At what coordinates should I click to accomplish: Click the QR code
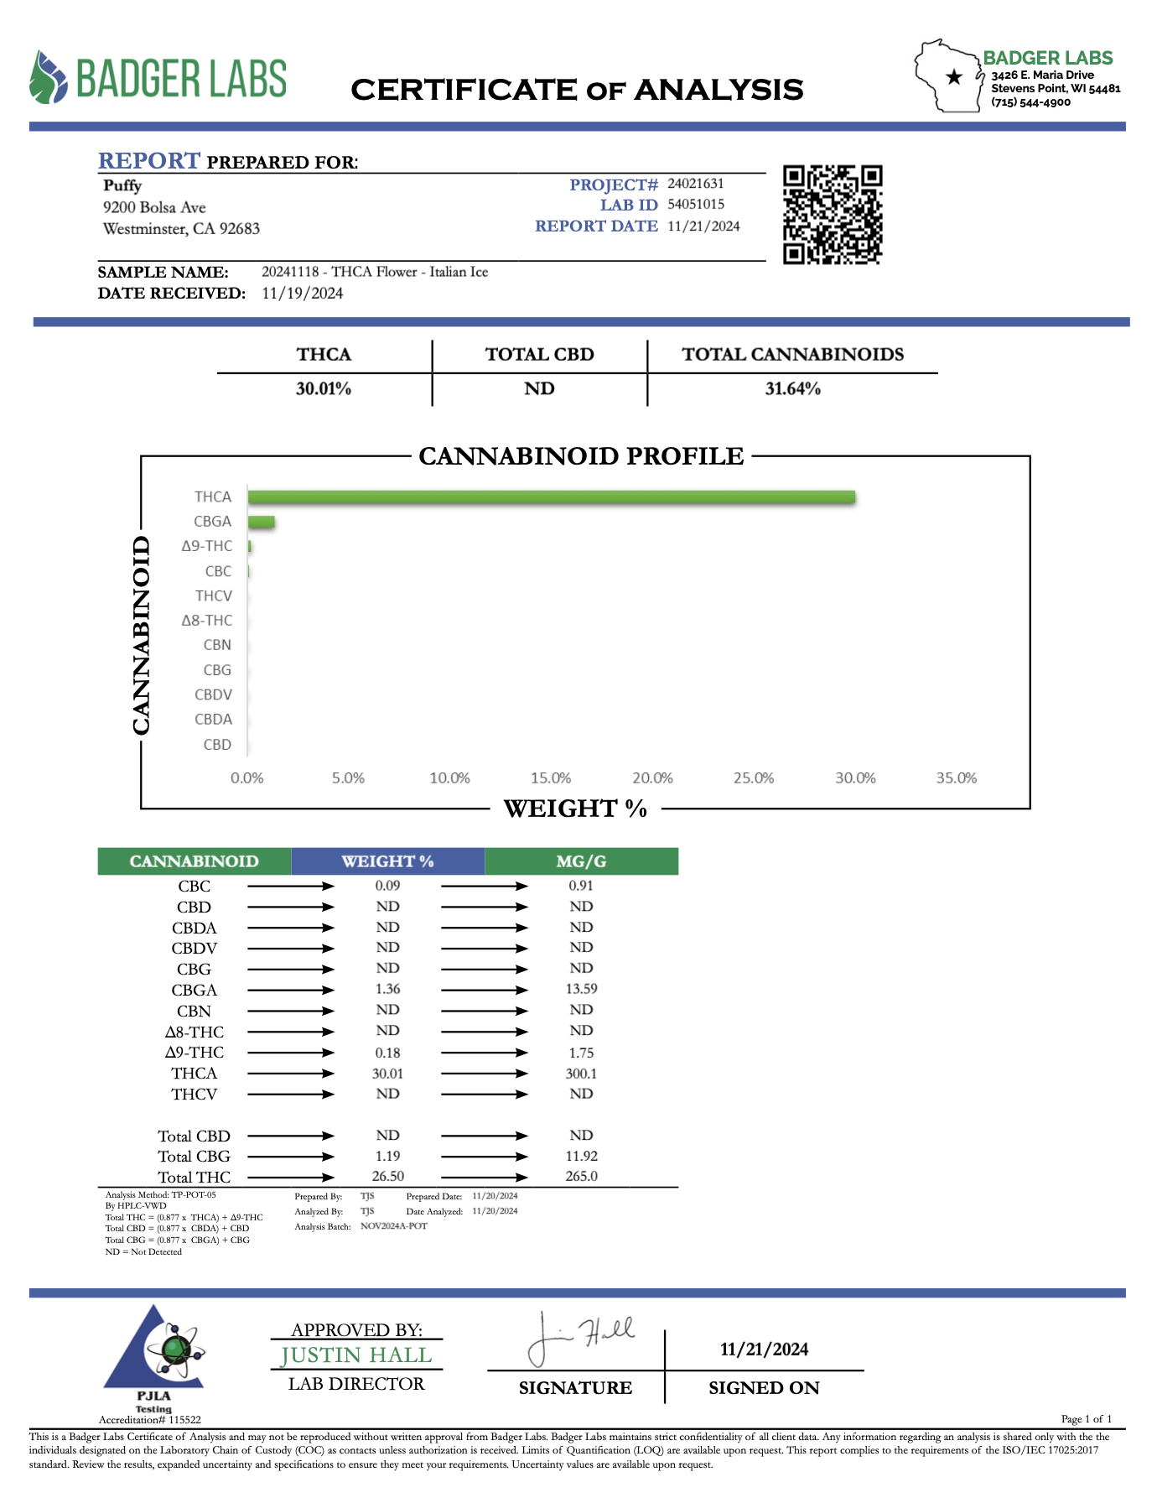pyautogui.click(x=833, y=215)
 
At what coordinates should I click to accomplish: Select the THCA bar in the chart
pyautogui.click(x=552, y=497)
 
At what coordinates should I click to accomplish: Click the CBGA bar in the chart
pyautogui.click(x=262, y=523)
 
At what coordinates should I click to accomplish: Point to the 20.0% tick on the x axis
pyautogui.click(x=652, y=778)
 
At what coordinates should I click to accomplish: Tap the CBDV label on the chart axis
pyautogui.click(x=213, y=695)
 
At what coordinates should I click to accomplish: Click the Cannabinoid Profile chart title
pyautogui.click(x=581, y=456)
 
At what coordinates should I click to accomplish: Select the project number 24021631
pyautogui.click(x=696, y=184)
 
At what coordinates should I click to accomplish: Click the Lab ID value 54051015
pyautogui.click(x=696, y=205)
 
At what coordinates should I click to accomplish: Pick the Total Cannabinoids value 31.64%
pyautogui.click(x=792, y=389)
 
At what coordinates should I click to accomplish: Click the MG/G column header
pyautogui.click(x=581, y=861)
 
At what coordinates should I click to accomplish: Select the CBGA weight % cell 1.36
pyautogui.click(x=387, y=990)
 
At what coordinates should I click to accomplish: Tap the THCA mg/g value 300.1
pyautogui.click(x=581, y=1074)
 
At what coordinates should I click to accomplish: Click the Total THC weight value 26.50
pyautogui.click(x=387, y=1177)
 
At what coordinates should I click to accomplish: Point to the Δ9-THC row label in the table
pyautogui.click(x=195, y=1053)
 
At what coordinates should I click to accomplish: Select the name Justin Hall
pyautogui.click(x=356, y=1355)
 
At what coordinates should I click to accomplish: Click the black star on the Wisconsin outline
pyautogui.click(x=953, y=77)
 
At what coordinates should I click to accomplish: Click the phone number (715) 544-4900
pyautogui.click(x=1030, y=102)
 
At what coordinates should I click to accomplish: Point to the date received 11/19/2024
pyautogui.click(x=302, y=294)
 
